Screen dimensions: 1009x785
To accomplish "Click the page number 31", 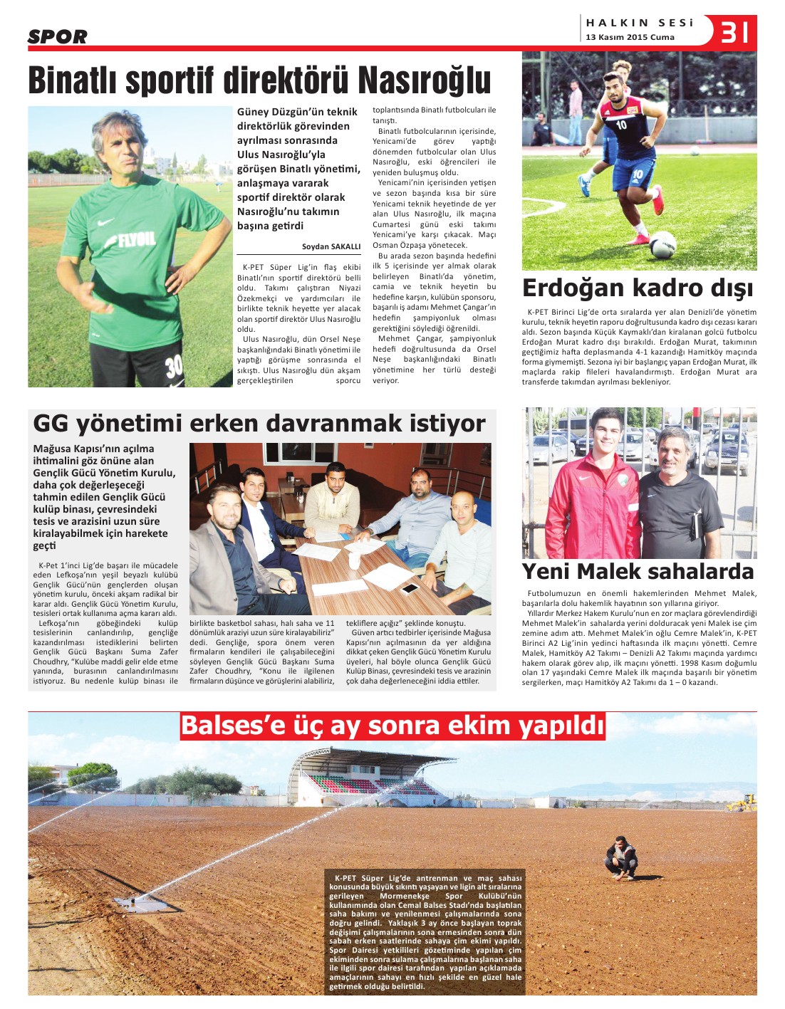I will pos(734,32).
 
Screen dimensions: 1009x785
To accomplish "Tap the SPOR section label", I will pos(57,36).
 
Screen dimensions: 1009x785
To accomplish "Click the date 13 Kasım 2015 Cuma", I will pos(630,37).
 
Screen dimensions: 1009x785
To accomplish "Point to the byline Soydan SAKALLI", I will pos(331,246).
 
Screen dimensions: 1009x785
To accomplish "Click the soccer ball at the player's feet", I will pos(662,244).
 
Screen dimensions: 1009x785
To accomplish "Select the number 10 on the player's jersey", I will pos(621,125).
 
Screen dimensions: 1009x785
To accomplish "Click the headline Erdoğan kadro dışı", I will pos(638,288).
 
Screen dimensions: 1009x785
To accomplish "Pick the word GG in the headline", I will pos(51,424).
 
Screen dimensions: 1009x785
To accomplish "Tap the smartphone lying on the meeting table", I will pos(410,588).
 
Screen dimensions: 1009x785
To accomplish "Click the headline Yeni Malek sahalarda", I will pos(638,571).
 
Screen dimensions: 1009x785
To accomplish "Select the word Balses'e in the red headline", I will pos(233,726).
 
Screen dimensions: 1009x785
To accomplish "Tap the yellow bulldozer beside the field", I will pos(741,803).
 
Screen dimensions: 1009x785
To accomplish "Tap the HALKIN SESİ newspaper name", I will pos(639,23).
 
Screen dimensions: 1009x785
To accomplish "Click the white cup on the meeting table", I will pos(354,560).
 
